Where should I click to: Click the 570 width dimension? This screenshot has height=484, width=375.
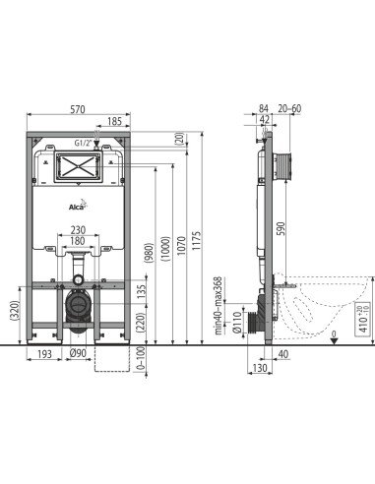tap(78, 109)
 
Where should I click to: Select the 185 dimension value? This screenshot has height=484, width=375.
tap(114, 121)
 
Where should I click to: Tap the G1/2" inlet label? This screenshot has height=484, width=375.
tap(83, 143)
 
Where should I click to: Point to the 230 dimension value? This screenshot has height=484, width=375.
tap(78, 230)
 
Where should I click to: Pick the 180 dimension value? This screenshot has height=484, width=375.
tap(78, 241)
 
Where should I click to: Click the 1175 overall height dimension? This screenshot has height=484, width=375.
tap(196, 241)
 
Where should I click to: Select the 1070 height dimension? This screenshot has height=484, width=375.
tap(181, 246)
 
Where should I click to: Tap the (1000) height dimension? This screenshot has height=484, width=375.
tap(166, 248)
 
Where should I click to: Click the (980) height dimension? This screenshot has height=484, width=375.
tap(150, 253)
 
